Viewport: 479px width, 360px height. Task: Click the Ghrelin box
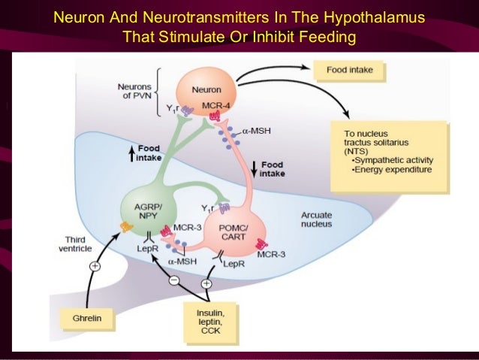click(89, 319)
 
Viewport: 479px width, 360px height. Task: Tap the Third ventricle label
click(75, 245)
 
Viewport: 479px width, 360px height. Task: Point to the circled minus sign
click(174, 280)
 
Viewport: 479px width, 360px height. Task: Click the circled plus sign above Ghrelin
click(95, 266)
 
